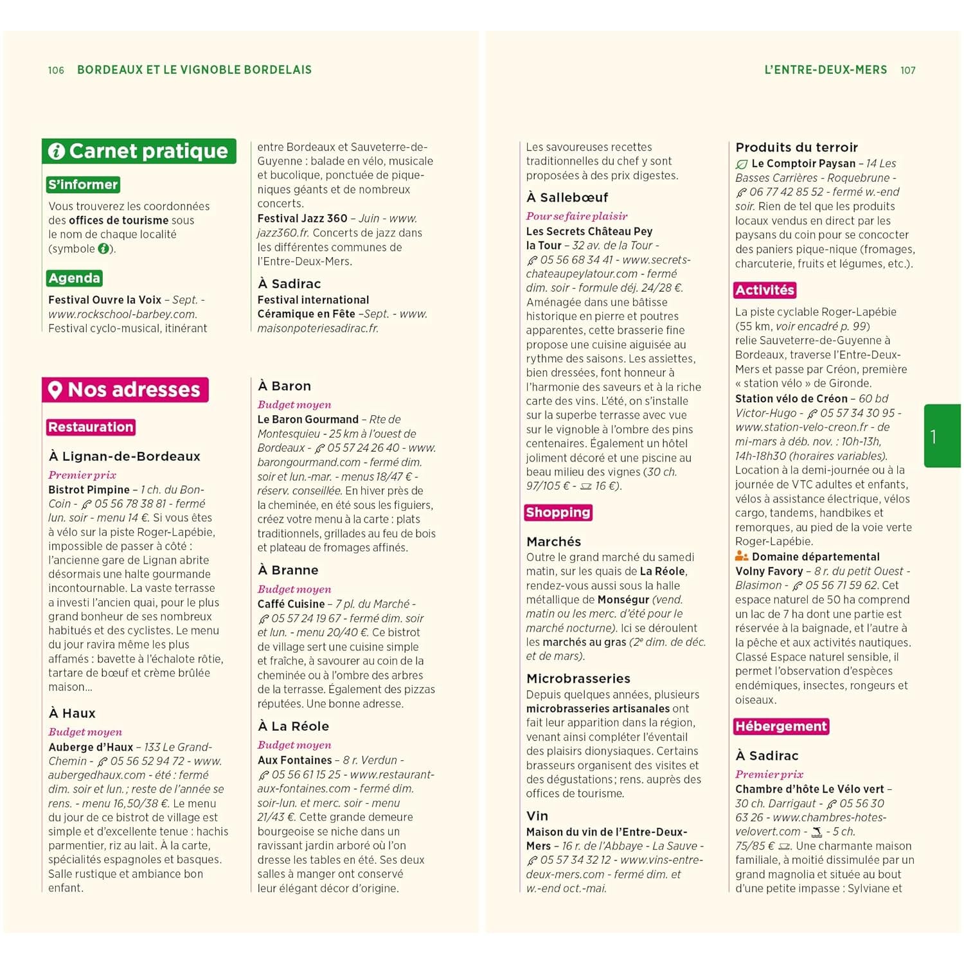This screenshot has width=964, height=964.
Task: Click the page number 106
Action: (56, 70)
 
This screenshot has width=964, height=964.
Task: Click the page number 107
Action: (907, 70)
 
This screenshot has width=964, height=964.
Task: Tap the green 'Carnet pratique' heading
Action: (139, 151)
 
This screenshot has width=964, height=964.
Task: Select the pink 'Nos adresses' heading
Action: (126, 389)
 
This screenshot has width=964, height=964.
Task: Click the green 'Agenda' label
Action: (75, 278)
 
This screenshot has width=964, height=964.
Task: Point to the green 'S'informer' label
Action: (83, 184)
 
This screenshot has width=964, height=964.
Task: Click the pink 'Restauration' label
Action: (91, 427)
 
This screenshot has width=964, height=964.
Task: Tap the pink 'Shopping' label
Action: (558, 512)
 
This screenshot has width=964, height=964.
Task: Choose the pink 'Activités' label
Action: (765, 290)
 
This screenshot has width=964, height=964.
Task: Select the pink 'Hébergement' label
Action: (781, 726)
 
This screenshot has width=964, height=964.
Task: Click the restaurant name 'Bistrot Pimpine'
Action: (89, 490)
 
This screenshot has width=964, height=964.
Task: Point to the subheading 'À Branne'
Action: (288, 570)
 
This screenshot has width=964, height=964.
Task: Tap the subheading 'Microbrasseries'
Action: (578, 679)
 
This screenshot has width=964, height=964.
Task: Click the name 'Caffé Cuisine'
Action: (290, 604)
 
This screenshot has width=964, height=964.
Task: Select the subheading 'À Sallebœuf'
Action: (567, 197)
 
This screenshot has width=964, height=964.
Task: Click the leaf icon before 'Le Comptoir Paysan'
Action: (742, 164)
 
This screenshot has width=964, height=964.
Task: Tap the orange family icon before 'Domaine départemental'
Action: (742, 556)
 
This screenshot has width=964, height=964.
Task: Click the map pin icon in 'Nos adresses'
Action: (55, 389)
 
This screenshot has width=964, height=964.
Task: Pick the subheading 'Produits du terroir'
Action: (796, 147)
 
